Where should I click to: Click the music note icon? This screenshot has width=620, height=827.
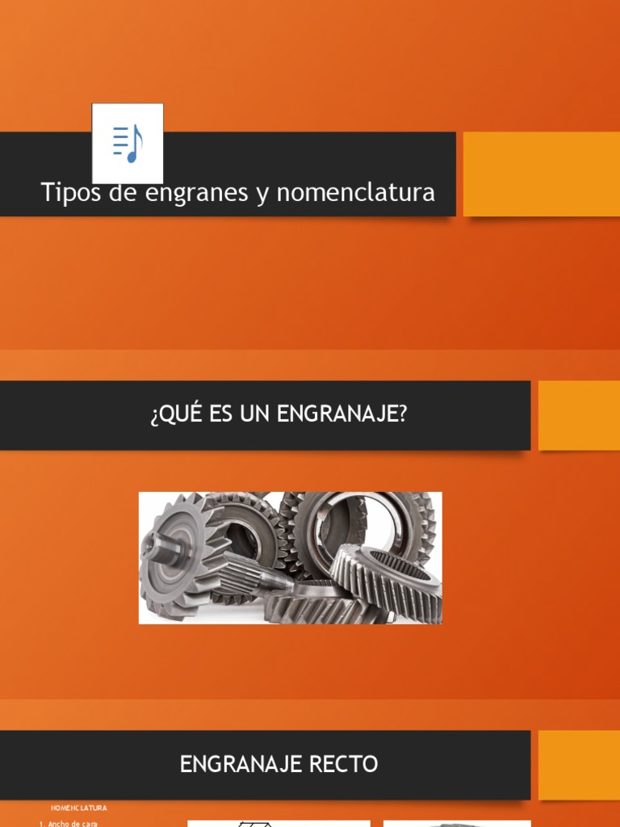[128, 143]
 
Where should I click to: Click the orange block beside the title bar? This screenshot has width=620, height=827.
[541, 174]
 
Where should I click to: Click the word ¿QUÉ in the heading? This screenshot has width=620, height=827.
[169, 414]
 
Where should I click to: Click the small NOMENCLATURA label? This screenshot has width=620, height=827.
[79, 808]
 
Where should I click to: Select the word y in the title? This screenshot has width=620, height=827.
[262, 194]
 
